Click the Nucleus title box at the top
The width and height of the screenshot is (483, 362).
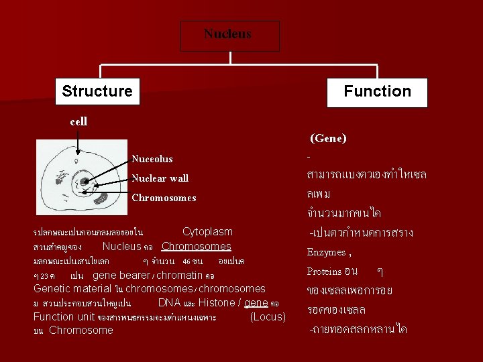tap(229, 36)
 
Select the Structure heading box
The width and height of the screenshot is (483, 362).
tap(97, 91)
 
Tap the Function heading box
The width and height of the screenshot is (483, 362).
tap(377, 92)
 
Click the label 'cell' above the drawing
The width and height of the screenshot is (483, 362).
tap(78, 122)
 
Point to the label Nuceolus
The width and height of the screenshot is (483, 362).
tap(152, 159)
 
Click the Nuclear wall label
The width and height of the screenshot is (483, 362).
tap(160, 178)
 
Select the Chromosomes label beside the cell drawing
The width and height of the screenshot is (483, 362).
tap(164, 198)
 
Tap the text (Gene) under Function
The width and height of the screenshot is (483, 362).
tap(327, 139)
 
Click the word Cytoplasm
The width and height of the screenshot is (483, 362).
tap(207, 232)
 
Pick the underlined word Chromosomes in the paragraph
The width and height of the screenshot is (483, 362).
tap(197, 247)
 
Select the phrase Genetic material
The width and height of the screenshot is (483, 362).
tap(72, 289)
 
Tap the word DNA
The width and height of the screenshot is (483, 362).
tap(169, 303)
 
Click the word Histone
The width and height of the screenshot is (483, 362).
tap(217, 303)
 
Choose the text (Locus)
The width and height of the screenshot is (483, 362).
tap(268, 316)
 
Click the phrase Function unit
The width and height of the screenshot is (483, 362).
tap(64, 316)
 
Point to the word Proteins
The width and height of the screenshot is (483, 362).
tap(324, 271)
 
